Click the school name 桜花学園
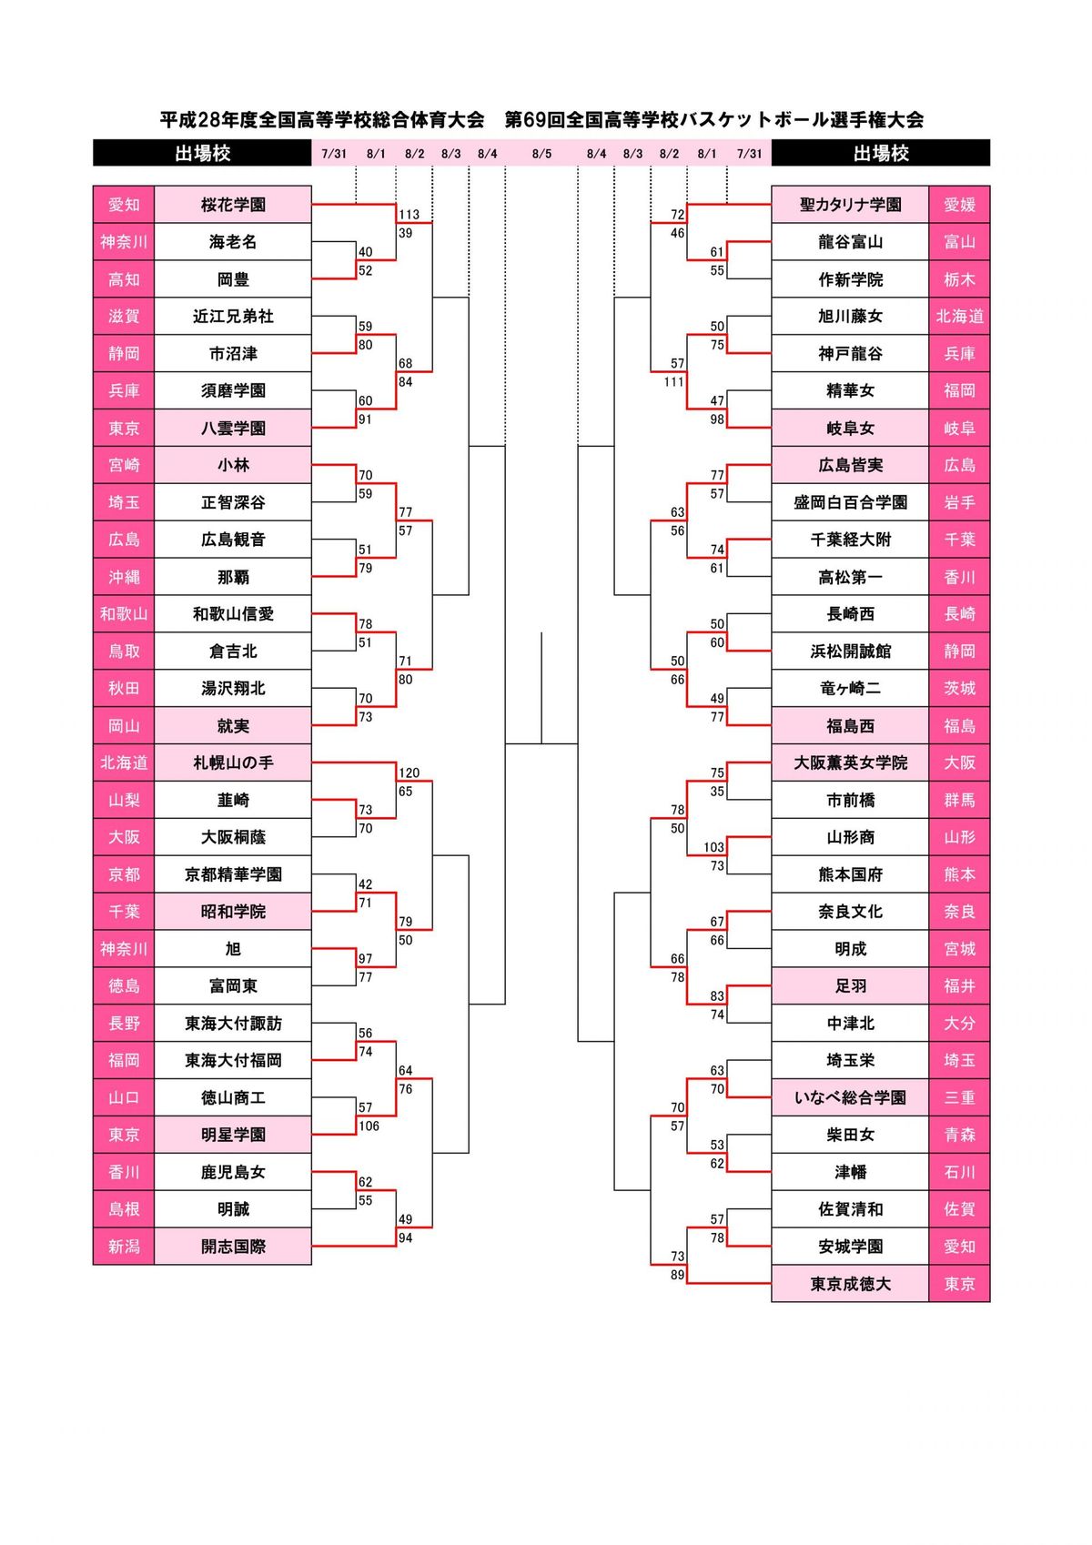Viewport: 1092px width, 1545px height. (233, 205)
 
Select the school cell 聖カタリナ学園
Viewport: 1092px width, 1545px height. (850, 205)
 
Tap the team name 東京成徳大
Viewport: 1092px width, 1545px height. (850, 1284)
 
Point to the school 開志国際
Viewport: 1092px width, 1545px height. (233, 1247)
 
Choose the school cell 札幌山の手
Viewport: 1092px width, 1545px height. (233, 762)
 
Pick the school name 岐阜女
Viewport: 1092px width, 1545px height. (850, 428)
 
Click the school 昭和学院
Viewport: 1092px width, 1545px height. (233, 912)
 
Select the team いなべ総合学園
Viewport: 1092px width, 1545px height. (850, 1097)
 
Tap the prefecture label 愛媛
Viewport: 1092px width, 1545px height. (959, 205)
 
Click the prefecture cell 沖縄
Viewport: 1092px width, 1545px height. (124, 577)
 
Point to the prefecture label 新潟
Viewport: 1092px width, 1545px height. (124, 1247)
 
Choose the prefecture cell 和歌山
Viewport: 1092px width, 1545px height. (124, 614)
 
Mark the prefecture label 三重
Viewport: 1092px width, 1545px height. (959, 1097)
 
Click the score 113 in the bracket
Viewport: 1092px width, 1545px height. (409, 215)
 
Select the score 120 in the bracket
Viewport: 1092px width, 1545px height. (409, 772)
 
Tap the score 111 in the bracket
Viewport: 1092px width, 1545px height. (673, 382)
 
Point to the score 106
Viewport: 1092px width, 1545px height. (369, 1126)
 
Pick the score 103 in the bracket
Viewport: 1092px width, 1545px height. (713, 847)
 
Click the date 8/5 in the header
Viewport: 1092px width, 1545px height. (541, 154)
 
